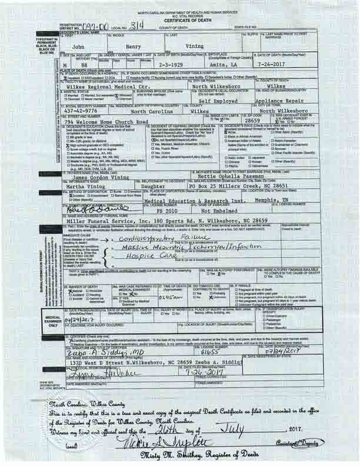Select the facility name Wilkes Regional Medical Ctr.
(x=122, y=86)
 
